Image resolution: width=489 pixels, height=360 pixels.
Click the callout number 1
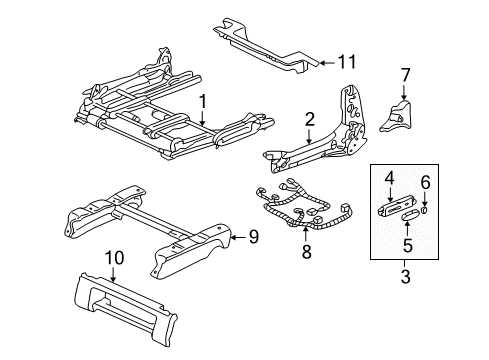pos(203,100)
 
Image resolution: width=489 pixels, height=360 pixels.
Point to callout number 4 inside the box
pos(388,177)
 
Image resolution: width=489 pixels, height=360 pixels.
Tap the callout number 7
pos(405,74)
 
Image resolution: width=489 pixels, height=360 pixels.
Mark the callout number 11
pos(346,62)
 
